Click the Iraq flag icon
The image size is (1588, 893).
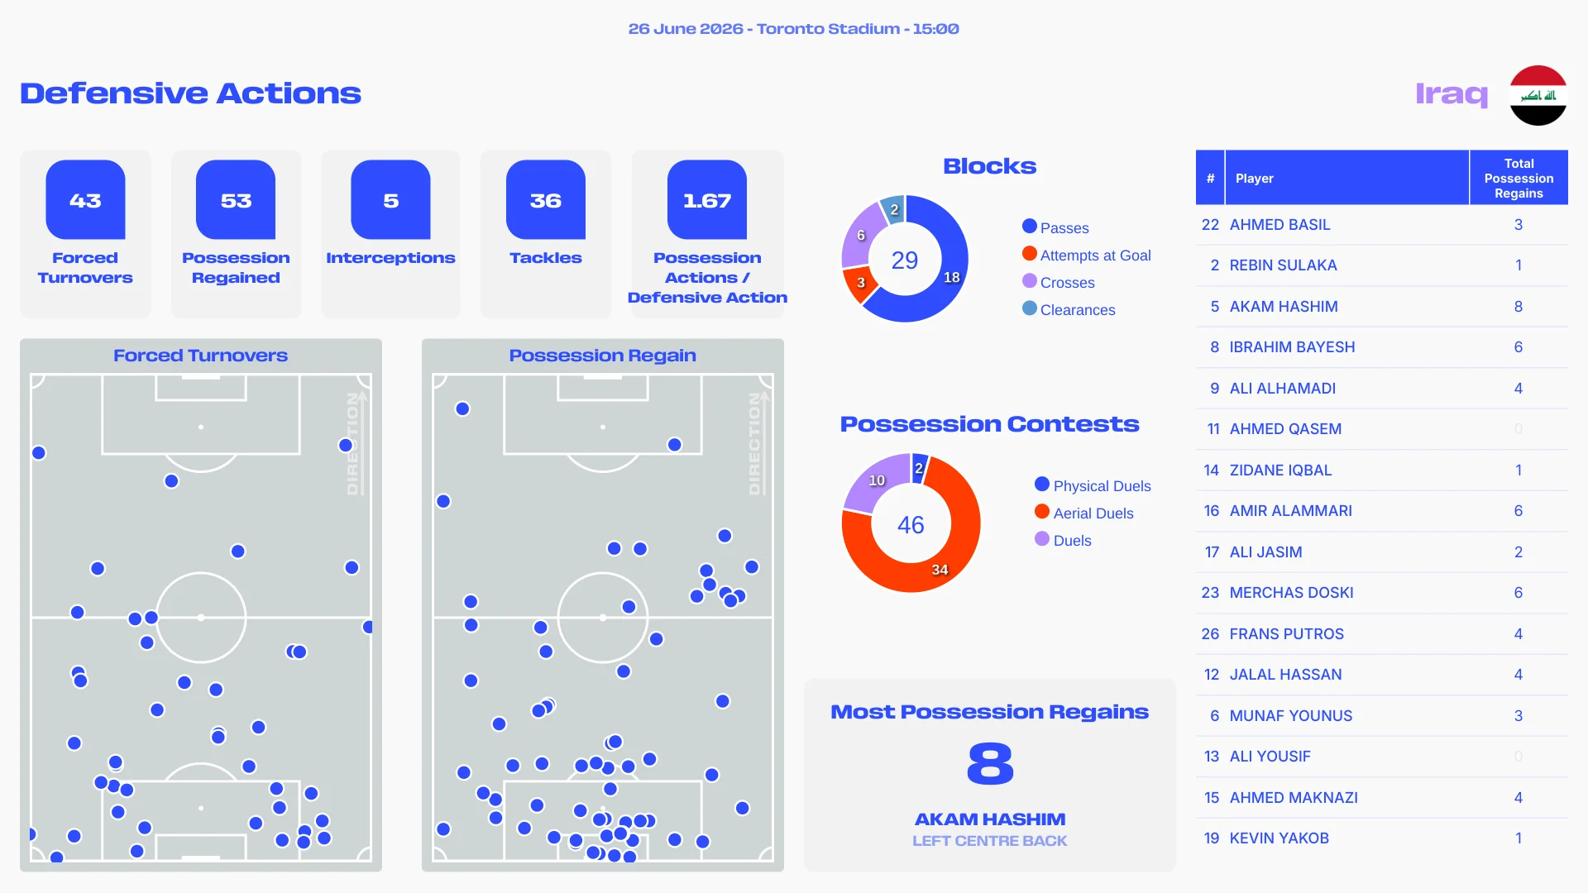pos(1538,95)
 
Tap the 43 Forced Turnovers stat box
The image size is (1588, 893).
pos(85,234)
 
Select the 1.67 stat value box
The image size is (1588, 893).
pos(707,199)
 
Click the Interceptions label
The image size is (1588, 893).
pos(390,258)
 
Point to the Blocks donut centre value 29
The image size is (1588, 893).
pos(905,260)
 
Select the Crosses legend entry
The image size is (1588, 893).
pos(1059,282)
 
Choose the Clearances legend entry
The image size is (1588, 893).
pos(1069,309)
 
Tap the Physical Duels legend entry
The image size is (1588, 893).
pos(1093,485)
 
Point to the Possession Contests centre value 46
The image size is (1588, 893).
pos(911,524)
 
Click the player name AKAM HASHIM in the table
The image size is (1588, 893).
pos(1284,307)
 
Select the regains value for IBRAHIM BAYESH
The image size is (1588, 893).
pos(1519,347)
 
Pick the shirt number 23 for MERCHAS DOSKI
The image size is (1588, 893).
pos(1210,593)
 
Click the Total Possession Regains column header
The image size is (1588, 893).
pos(1519,178)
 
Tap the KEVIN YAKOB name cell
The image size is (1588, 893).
pos(1279,838)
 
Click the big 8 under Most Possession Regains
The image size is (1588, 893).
pos(990,763)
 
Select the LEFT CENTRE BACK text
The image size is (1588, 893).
pos(990,841)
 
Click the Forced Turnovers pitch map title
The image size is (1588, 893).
pos(201,356)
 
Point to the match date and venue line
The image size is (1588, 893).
pos(794,29)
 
